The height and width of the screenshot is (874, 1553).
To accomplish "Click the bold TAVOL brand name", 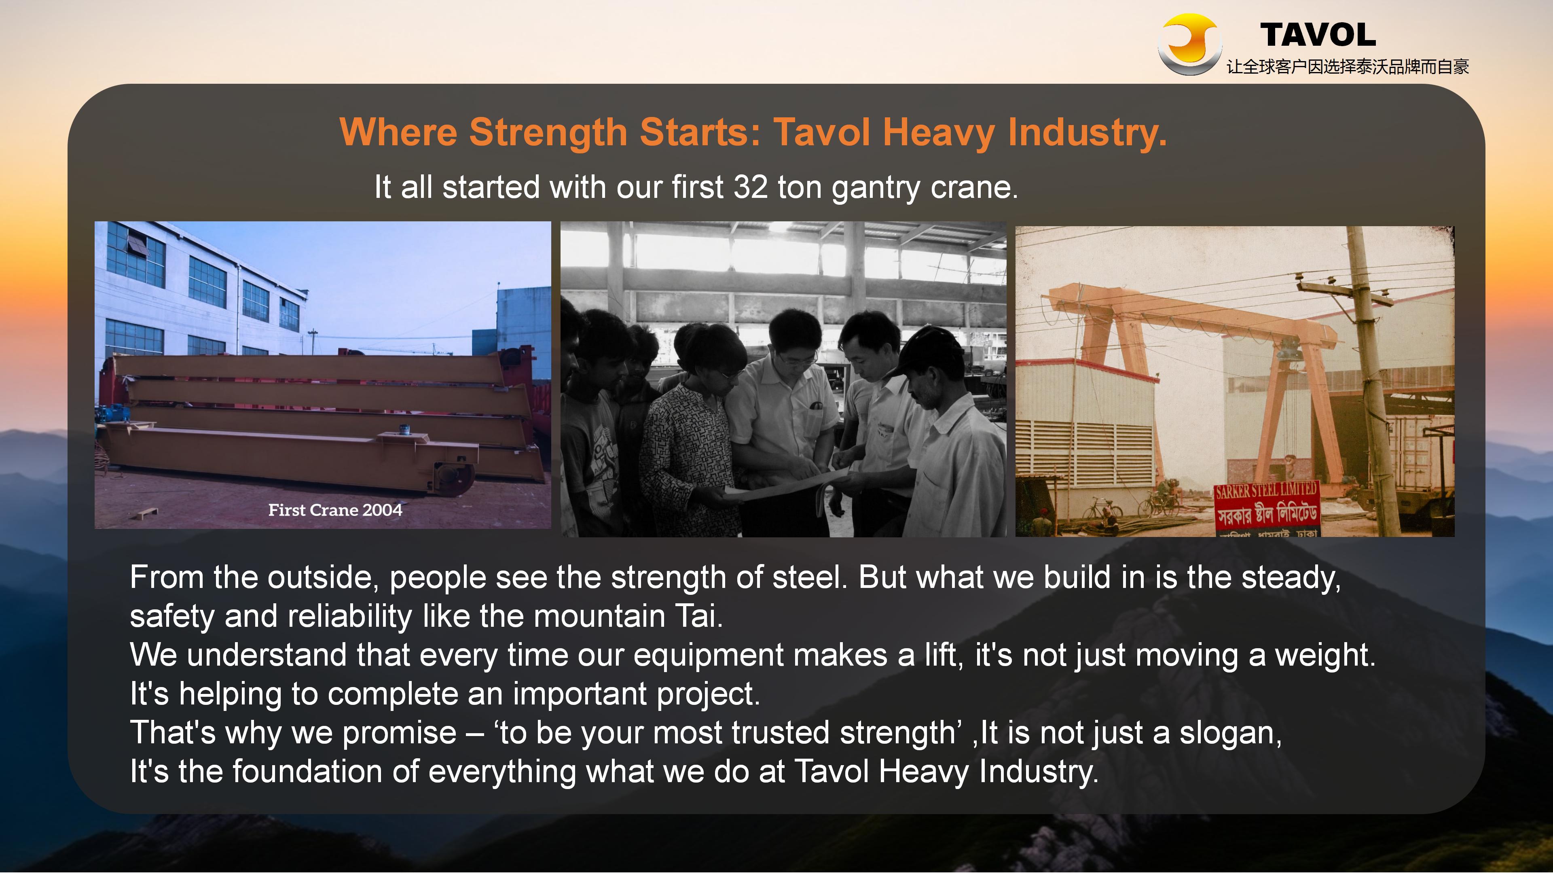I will (x=1318, y=35).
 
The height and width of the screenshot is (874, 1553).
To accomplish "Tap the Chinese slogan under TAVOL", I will (x=1348, y=67).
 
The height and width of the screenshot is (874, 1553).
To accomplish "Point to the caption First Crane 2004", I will (x=335, y=510).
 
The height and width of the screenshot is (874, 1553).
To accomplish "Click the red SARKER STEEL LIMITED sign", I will (x=1266, y=507).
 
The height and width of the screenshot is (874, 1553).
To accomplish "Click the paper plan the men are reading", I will (x=784, y=486).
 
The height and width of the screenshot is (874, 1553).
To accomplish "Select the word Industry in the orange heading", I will (x=1085, y=133).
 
